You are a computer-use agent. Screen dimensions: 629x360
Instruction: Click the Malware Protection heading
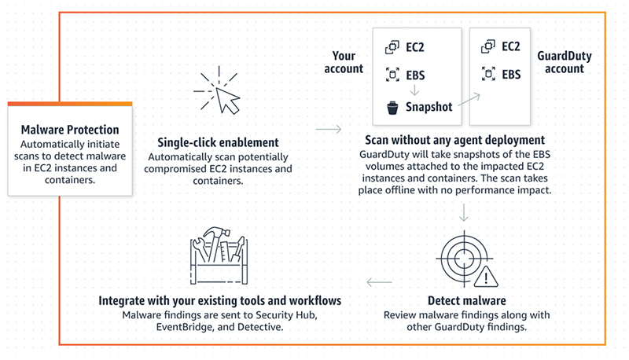[70, 130]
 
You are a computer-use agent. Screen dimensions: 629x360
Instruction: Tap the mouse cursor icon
[227, 101]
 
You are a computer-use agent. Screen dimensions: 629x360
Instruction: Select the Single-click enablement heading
[218, 142]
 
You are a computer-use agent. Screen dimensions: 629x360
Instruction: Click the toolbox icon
[219, 255]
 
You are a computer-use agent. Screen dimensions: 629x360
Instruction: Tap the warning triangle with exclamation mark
[486, 277]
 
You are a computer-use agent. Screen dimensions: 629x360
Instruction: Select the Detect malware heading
[466, 301]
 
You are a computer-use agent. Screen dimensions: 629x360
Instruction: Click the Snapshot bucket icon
[392, 108]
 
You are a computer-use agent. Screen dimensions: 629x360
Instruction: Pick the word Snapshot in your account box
[429, 107]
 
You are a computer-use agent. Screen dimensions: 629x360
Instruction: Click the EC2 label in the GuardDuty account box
[510, 46]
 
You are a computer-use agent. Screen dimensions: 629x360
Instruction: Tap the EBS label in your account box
[415, 75]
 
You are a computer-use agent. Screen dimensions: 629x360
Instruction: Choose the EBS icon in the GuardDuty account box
[488, 74]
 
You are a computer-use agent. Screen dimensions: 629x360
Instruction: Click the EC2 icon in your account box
[392, 47]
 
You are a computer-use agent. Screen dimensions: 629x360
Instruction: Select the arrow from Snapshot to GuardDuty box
[469, 99]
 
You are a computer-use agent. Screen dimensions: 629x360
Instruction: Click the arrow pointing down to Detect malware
[464, 212]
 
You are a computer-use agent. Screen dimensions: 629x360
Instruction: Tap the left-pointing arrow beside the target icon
[380, 282]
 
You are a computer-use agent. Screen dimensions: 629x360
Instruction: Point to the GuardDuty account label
[565, 62]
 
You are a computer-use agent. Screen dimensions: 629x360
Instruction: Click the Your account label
[344, 62]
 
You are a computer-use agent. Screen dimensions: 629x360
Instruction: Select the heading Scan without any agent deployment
[455, 140]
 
